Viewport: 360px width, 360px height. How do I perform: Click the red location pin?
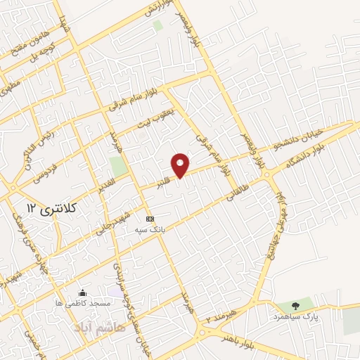pos(181,165)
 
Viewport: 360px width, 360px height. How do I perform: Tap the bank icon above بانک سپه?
pos(149,219)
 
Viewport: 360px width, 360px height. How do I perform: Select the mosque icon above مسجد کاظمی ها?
pos(84,292)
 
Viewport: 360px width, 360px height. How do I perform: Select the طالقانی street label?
pos(238,191)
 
